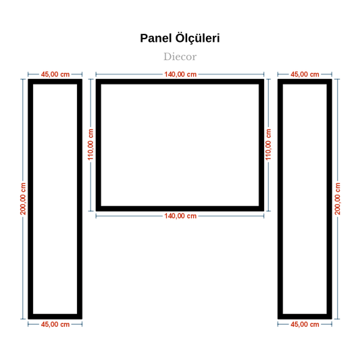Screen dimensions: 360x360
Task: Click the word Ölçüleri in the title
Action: [198, 38]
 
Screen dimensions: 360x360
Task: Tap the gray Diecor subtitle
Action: [180, 57]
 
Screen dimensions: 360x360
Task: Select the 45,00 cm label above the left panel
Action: [55, 74]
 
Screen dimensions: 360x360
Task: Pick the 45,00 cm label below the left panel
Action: [55, 324]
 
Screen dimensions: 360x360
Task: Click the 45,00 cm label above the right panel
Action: [305, 74]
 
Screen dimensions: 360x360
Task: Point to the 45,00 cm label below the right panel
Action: [305, 324]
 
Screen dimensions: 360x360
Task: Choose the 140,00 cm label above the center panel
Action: [180, 74]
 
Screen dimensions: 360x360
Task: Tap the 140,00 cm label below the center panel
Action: [180, 216]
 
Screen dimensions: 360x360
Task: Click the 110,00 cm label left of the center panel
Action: [91, 145]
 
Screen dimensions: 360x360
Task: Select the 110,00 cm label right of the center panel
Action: [268, 145]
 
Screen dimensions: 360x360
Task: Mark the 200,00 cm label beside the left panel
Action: [23, 199]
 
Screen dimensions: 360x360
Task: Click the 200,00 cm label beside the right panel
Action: [337, 199]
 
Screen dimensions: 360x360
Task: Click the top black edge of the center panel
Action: [180, 82]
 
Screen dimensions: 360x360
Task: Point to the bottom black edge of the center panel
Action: [180, 209]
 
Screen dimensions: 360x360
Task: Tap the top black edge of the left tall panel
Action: [55, 82]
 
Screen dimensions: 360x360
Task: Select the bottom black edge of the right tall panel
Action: [305, 316]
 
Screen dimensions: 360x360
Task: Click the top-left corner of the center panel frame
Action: [96, 79]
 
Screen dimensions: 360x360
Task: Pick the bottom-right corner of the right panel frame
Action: [332, 319]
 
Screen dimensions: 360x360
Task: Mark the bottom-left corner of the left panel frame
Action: [28, 319]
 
